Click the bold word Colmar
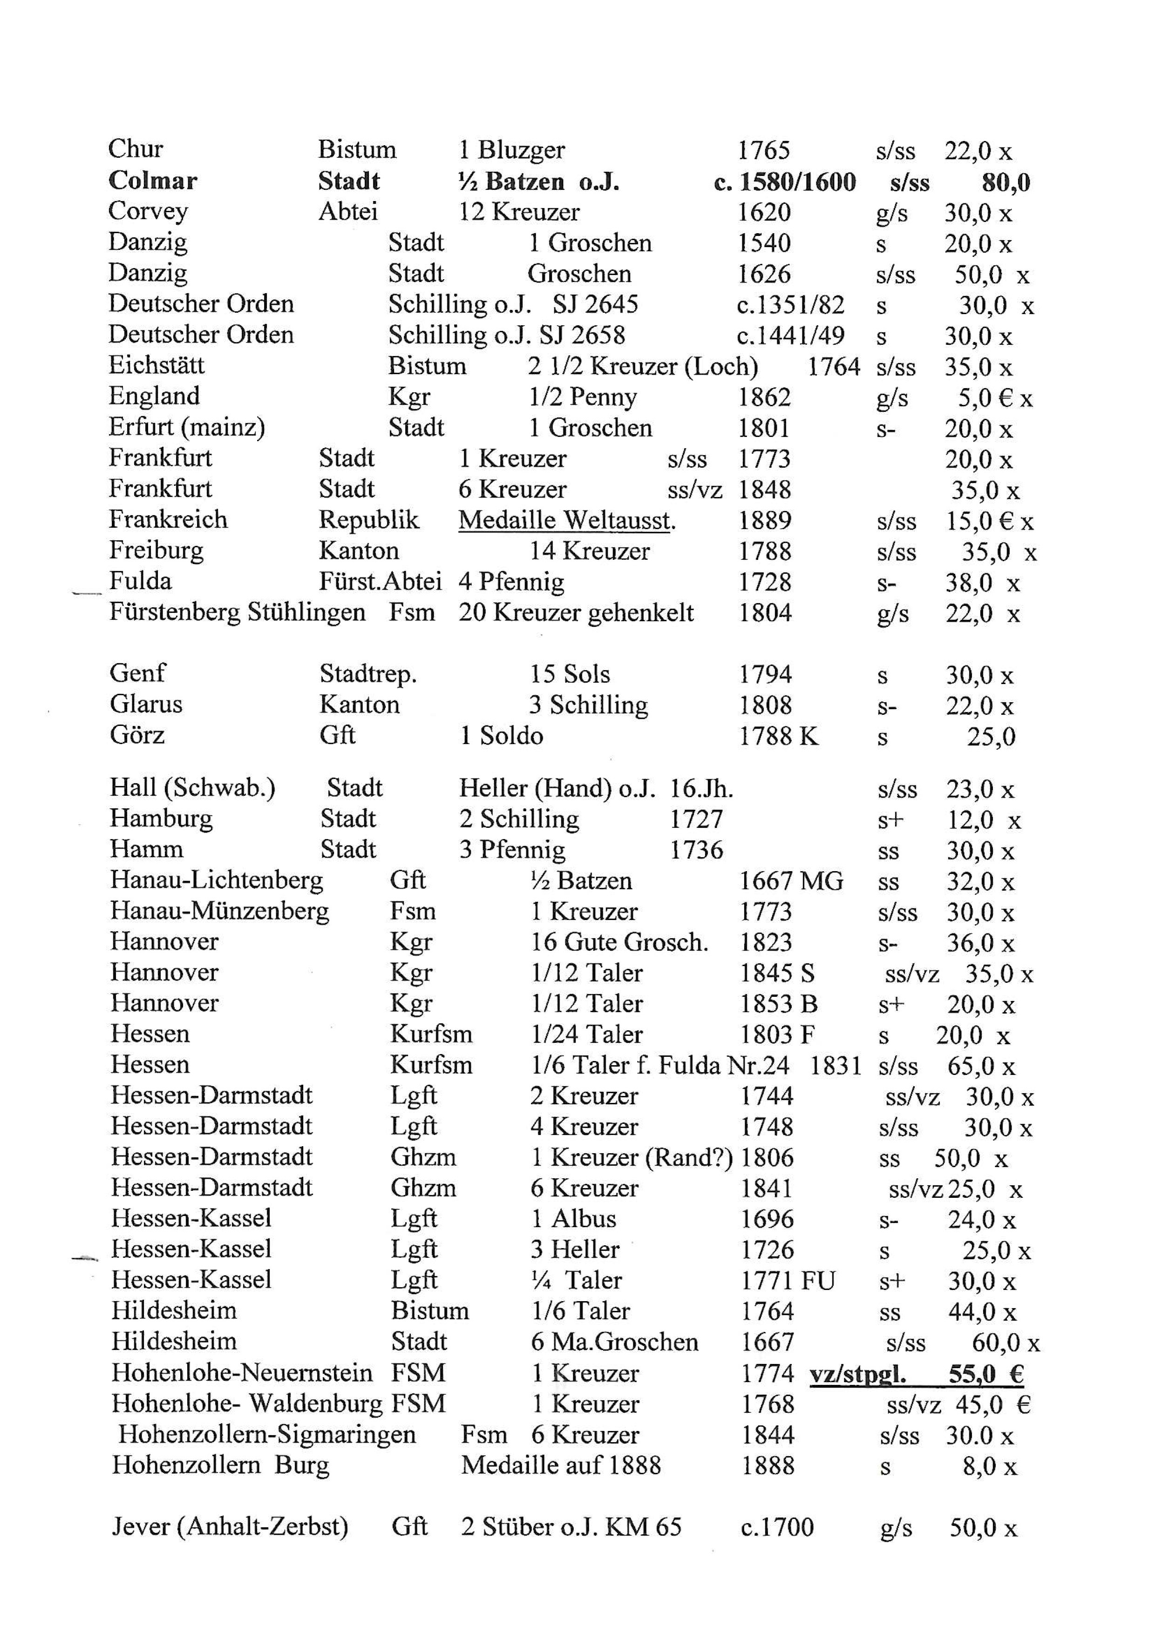152,181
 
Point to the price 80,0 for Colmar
1006,183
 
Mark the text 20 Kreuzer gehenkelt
576,613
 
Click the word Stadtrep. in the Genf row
368,674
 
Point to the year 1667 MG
791,881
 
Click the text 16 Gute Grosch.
619,942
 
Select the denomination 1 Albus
573,1219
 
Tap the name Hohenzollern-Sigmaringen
267,1434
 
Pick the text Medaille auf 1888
560,1465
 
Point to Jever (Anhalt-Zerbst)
230,1527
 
